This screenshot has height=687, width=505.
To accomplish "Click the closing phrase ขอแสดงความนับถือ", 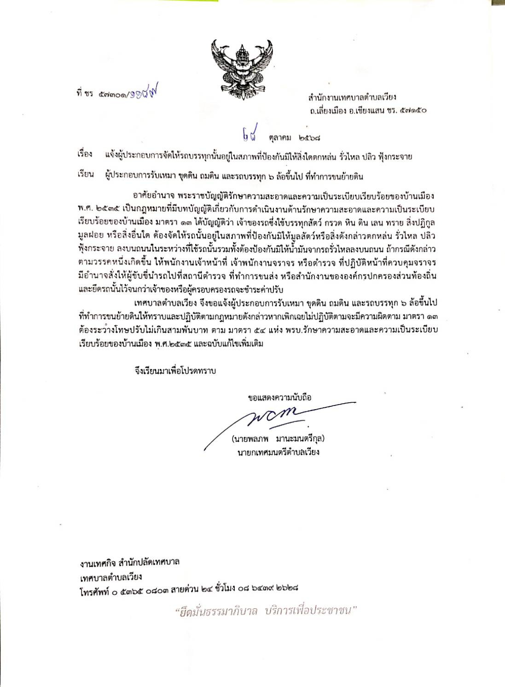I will pos(279,397).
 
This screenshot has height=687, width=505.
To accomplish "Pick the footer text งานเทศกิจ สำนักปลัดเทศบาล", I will pos(129,563).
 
